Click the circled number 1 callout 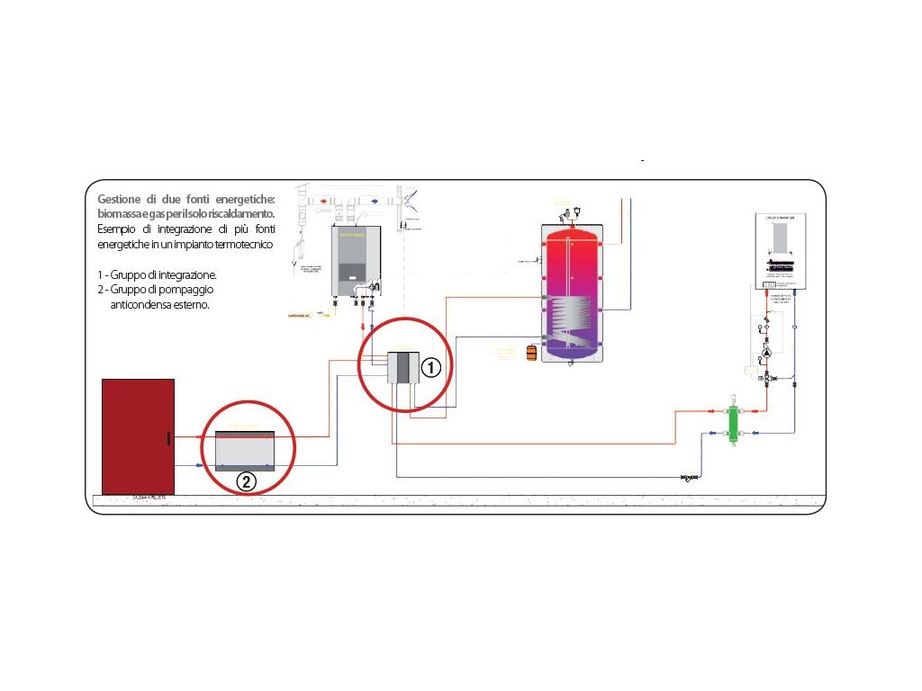(x=430, y=367)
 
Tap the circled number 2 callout (x=246, y=481)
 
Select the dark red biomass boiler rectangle (x=138, y=436)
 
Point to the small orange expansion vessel (x=531, y=350)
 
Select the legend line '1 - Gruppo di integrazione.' (x=158, y=274)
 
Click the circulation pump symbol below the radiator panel (x=766, y=354)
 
